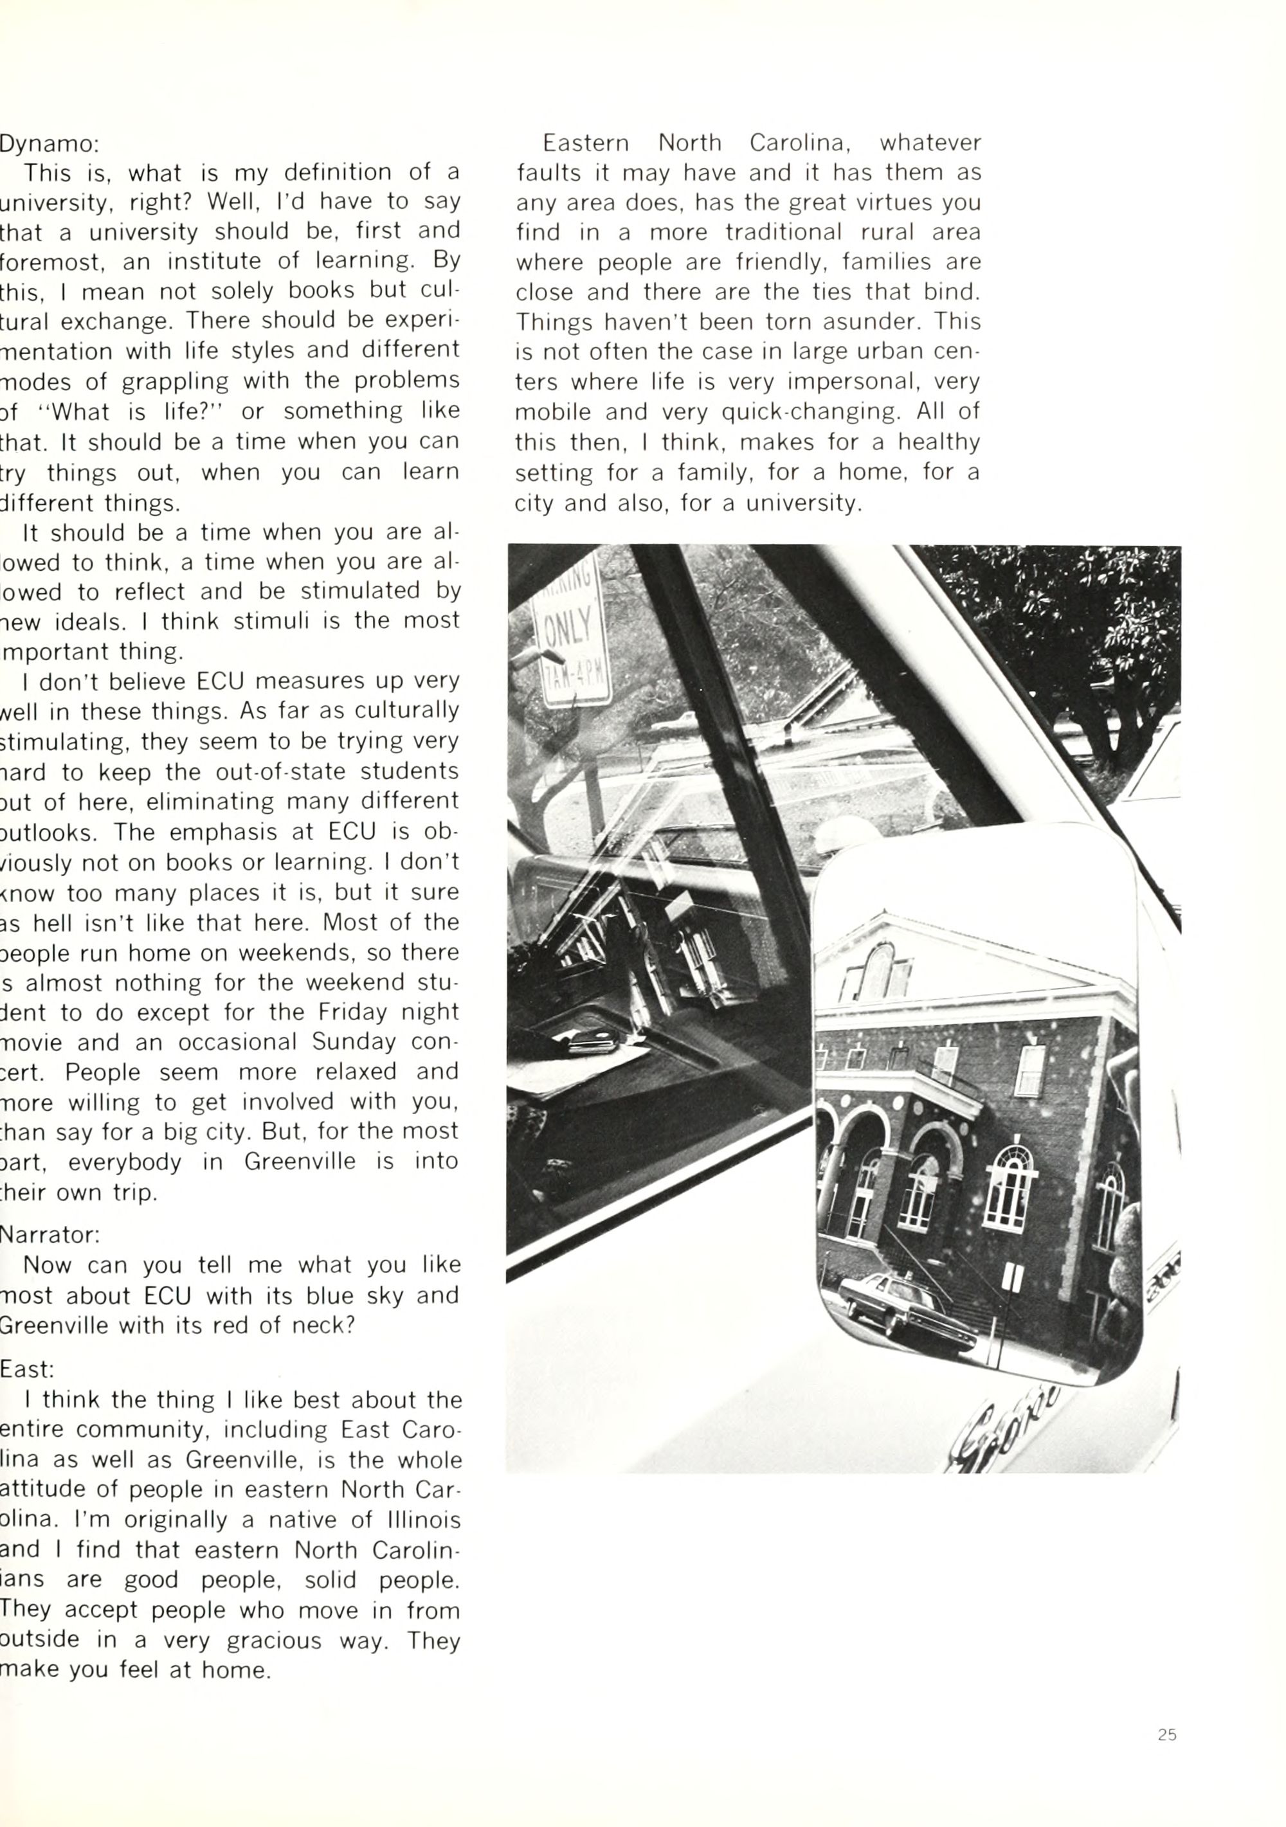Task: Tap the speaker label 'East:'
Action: pos(27,1369)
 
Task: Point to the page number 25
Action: pos(1166,1734)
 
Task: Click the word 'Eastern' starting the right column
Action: pos(586,143)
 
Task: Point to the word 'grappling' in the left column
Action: pos(174,381)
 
